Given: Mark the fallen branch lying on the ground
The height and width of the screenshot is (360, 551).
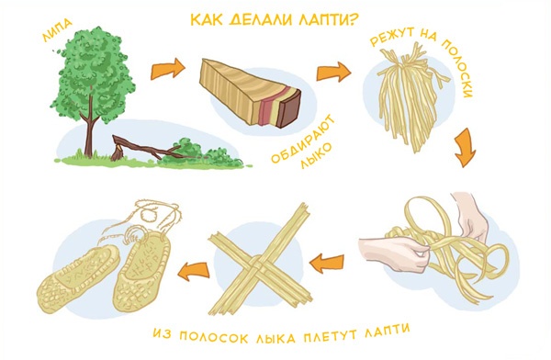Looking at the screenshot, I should (147, 147).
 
